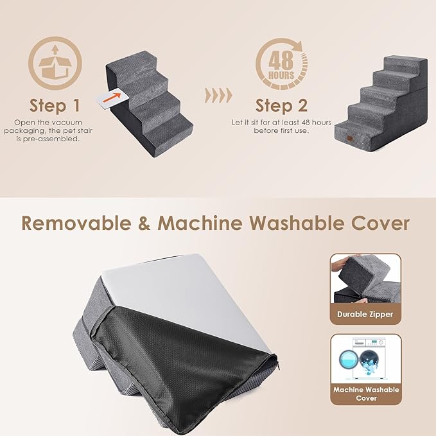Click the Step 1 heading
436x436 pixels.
(55, 105)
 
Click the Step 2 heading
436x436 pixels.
(281, 105)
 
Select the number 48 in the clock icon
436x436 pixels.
(281, 60)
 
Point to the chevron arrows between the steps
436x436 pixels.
(217, 96)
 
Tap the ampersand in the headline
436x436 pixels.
(144, 223)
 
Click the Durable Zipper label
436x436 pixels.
(365, 315)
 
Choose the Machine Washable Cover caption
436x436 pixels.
(365, 394)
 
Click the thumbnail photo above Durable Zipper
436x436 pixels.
(365, 279)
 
